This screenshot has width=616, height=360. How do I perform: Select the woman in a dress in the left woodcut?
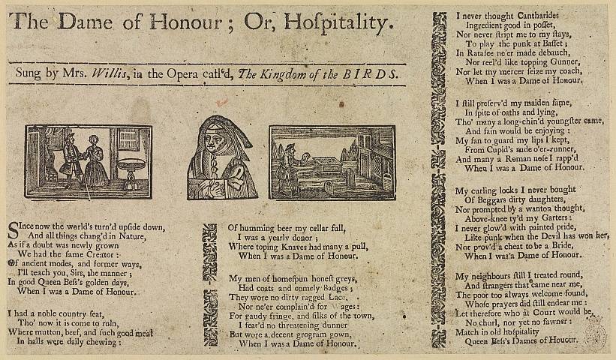tap(97, 161)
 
